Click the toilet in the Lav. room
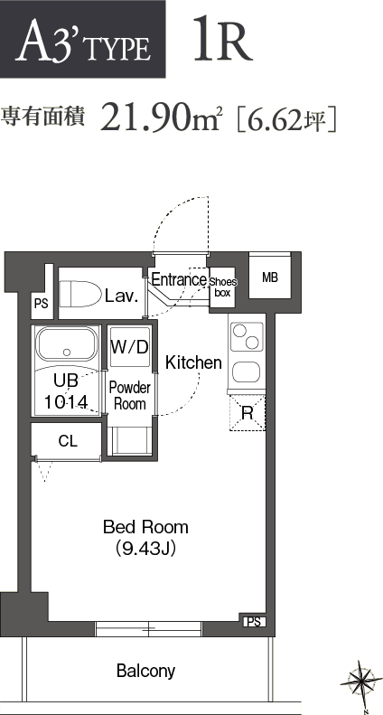pyautogui.click(x=80, y=295)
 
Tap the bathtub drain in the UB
pyautogui.click(x=67, y=352)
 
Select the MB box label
pyautogui.click(x=270, y=277)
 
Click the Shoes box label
pyautogui.click(x=222, y=287)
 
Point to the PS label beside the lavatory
pyautogui.click(x=41, y=304)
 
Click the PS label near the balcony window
pyautogui.click(x=254, y=622)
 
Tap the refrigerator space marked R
pyautogui.click(x=248, y=413)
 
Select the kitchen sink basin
pyautogui.click(x=247, y=372)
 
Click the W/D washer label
pyautogui.click(x=130, y=347)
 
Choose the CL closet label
pyautogui.click(x=68, y=440)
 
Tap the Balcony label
pyautogui.click(x=146, y=671)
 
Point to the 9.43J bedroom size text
pyautogui.click(x=146, y=549)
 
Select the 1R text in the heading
pyautogui.click(x=223, y=38)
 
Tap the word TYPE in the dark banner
pyautogui.click(x=118, y=49)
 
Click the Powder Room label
pyautogui.click(x=130, y=396)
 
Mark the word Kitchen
pyautogui.click(x=193, y=362)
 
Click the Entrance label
pyautogui.click(x=179, y=279)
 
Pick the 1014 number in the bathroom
pyautogui.click(x=66, y=401)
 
